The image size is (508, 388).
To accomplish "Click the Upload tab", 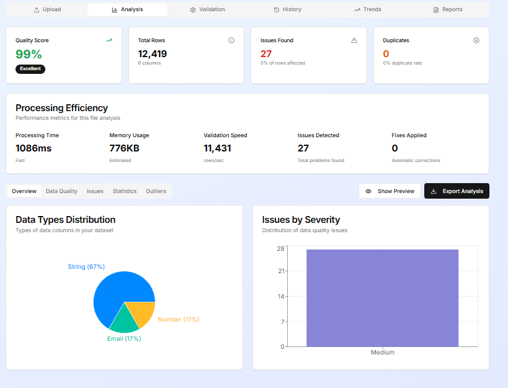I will [47, 9].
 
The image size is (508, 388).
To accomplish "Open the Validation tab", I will [208, 9].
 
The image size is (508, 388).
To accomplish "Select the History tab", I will [287, 9].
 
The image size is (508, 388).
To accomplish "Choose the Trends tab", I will [368, 9].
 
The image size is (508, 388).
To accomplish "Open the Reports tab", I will [448, 9].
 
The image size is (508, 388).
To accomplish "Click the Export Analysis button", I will [457, 191].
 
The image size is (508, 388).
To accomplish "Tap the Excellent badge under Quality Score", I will [30, 69].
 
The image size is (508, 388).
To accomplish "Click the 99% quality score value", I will [29, 54].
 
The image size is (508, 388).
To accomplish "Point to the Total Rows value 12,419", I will [152, 54].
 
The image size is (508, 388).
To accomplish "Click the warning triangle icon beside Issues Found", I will [354, 40].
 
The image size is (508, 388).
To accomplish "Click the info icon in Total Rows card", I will [231, 40].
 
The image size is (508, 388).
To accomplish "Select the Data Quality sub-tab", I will [61, 191].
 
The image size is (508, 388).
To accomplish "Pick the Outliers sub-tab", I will [156, 191].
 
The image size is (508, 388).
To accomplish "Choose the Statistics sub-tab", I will [125, 191].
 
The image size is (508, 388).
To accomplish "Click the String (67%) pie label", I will [86, 266].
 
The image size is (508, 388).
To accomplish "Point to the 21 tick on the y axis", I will [281, 271].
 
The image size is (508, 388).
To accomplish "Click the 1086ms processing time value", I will [33, 148].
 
